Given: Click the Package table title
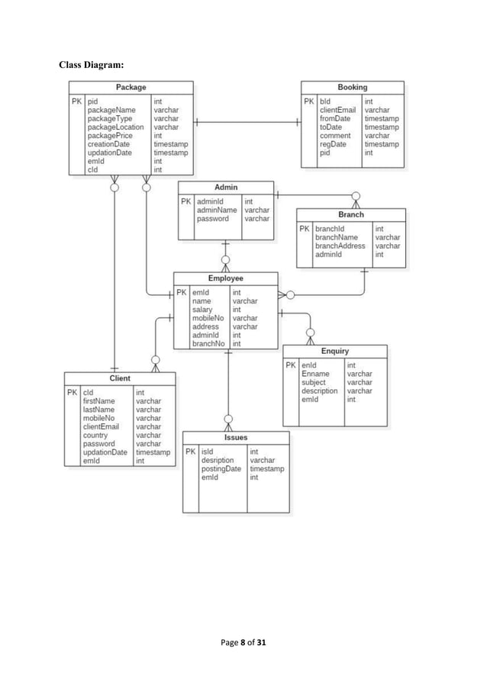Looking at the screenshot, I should (131, 88).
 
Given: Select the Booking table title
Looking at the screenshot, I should (352, 88).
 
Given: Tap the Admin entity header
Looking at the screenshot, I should (226, 188).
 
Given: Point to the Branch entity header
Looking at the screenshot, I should (350, 215).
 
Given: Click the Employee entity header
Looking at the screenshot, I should (225, 279).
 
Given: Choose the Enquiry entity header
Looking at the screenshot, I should (334, 351).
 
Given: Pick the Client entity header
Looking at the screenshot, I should (120, 378).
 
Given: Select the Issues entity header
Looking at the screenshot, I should (235, 438).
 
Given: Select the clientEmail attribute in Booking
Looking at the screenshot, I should (337, 111).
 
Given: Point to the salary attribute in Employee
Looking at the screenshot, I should (202, 310).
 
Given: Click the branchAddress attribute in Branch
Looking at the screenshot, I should (340, 246).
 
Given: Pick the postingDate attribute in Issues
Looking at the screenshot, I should (221, 469).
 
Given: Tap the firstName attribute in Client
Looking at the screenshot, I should (98, 401).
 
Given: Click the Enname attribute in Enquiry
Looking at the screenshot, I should (316, 375).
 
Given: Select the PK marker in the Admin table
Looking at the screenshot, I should (186, 202).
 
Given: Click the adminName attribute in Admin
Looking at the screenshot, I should (217, 210).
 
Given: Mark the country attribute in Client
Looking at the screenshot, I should (95, 435).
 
